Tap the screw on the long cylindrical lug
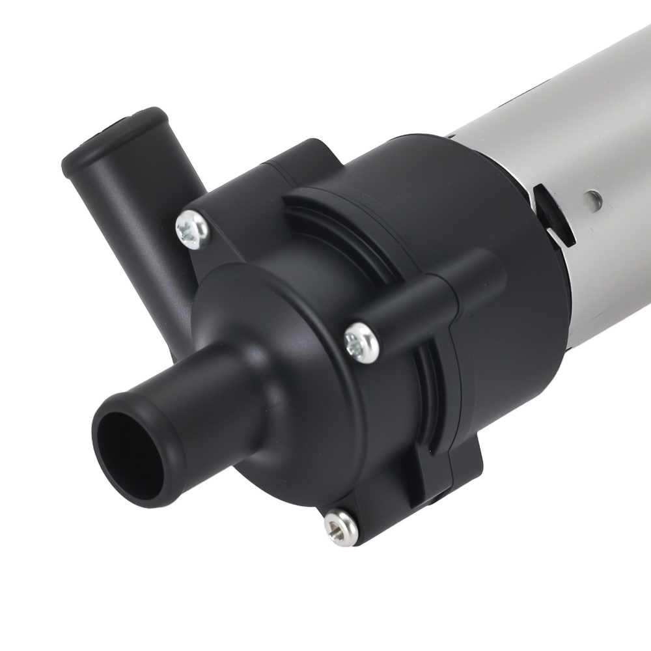pyautogui.click(x=361, y=340)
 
